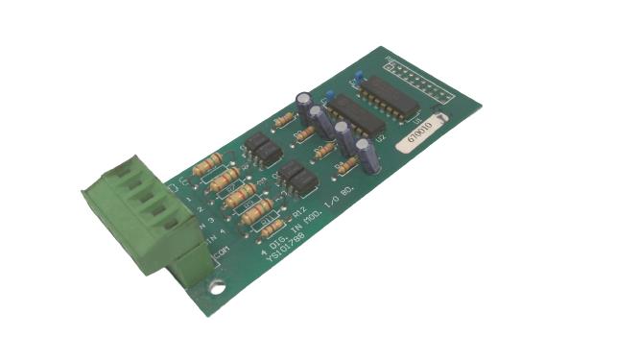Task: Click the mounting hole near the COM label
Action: click(x=220, y=285)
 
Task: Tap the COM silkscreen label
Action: click(x=222, y=252)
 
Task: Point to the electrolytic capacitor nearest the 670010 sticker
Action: click(x=364, y=154)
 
